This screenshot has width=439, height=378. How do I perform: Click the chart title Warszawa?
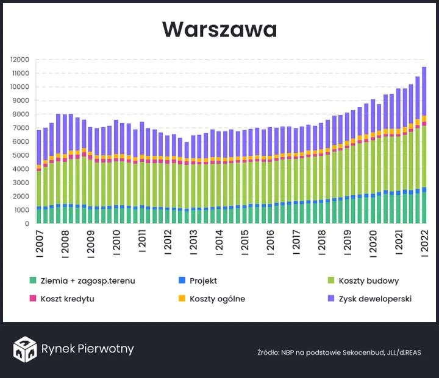[x=220, y=29]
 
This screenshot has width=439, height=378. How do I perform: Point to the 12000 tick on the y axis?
[x=20, y=60]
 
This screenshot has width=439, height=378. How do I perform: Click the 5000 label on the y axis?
[x=21, y=155]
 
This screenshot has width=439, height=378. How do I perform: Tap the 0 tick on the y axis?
[x=26, y=224]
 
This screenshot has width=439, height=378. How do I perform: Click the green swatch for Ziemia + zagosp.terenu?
[x=32, y=281]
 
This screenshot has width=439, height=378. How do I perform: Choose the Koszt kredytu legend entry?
[x=67, y=299]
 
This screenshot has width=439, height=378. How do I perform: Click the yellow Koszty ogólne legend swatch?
[x=181, y=299]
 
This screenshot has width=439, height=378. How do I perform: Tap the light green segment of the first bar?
[x=39, y=189]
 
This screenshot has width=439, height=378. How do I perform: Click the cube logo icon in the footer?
[x=24, y=349]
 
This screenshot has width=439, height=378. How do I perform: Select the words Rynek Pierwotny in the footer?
[x=87, y=349]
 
